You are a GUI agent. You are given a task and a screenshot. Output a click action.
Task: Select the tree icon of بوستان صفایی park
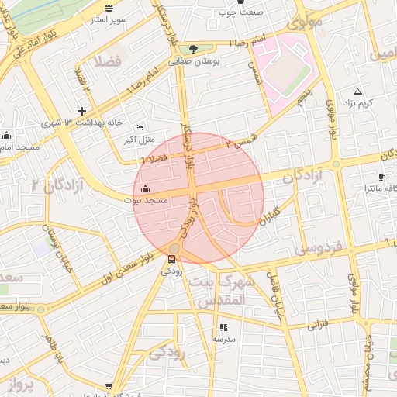tap(192, 48)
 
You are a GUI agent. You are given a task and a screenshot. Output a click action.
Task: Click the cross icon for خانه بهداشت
tap(81, 111)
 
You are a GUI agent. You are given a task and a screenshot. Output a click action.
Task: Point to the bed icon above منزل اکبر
tap(140, 127)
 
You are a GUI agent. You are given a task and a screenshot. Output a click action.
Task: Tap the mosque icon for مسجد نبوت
tap(146, 188)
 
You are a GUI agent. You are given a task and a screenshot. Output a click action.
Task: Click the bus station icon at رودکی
tap(171, 260)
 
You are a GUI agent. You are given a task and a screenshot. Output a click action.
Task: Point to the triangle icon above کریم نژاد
tap(357, 91)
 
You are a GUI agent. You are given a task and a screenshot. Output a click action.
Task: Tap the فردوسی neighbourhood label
tap(319, 249)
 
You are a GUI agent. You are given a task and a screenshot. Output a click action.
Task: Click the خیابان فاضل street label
tap(275, 295)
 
